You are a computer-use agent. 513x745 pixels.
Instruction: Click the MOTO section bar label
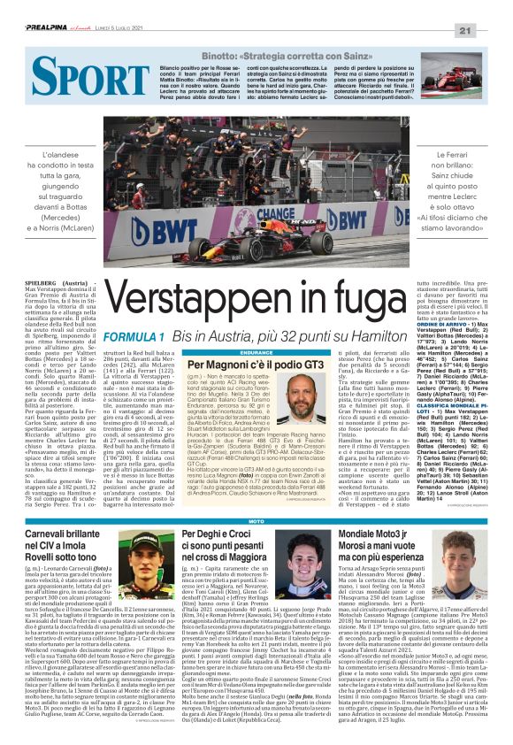tap(256, 498)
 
